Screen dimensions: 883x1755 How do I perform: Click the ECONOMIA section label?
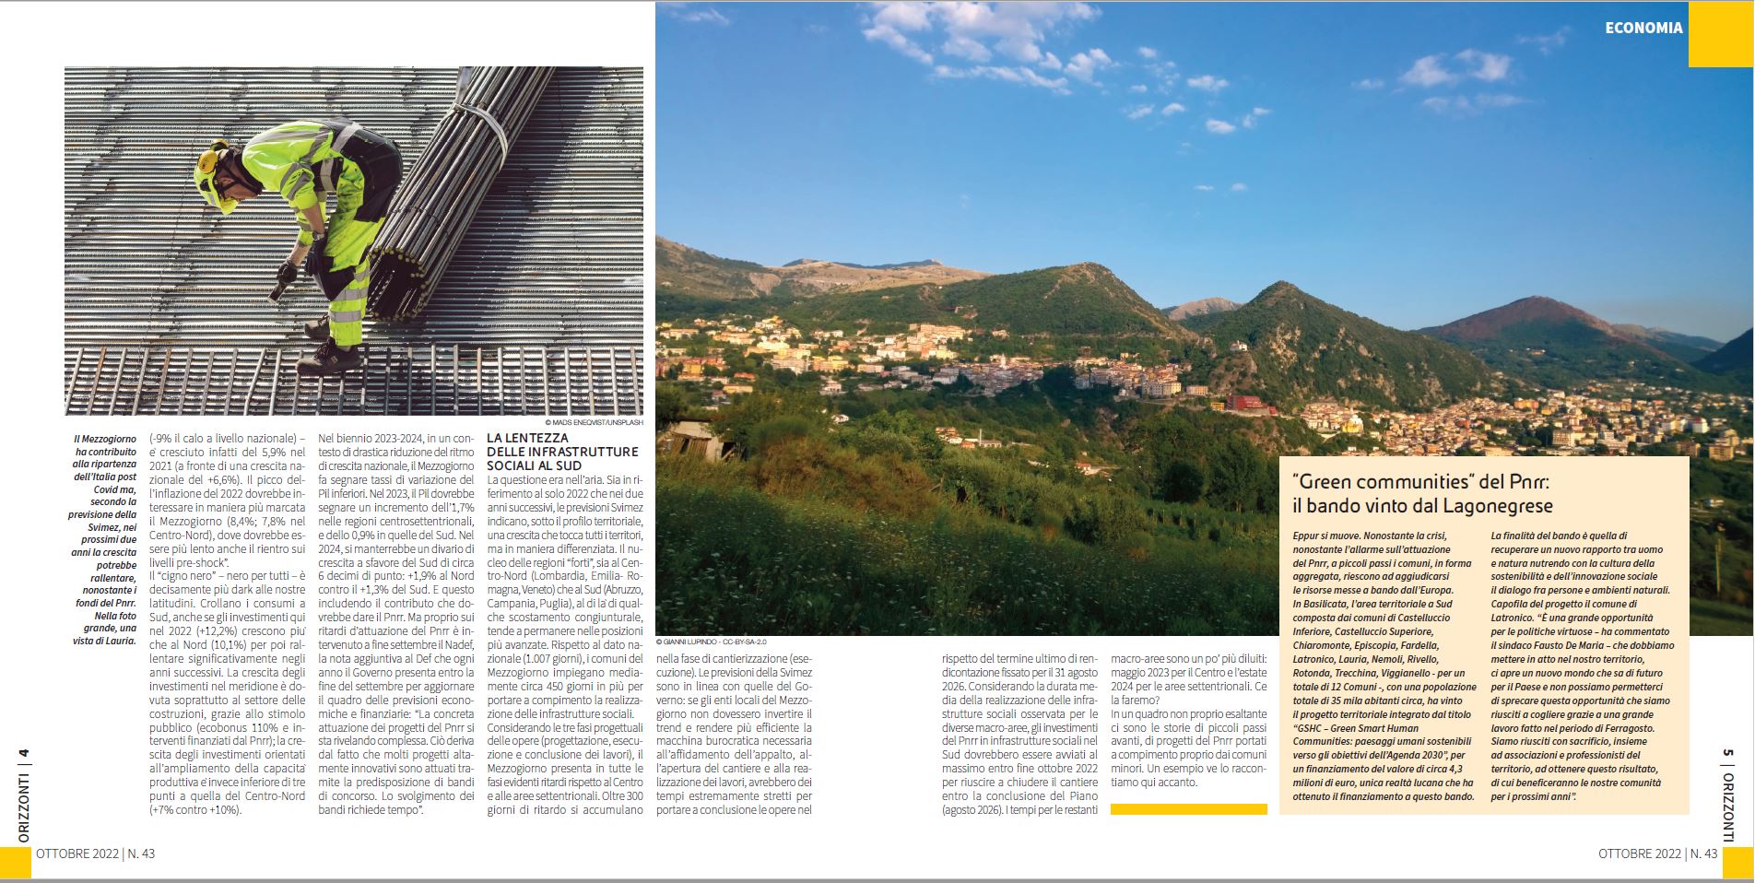pyautogui.click(x=1643, y=28)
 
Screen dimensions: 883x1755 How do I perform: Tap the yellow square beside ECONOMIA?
pyautogui.click(x=1720, y=33)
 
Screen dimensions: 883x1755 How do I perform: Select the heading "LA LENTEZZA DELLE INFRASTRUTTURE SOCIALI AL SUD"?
pyautogui.click(x=561, y=452)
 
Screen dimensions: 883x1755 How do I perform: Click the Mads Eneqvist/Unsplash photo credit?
pyautogui.click(x=586, y=422)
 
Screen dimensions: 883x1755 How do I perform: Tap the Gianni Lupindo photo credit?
pyautogui.click(x=710, y=642)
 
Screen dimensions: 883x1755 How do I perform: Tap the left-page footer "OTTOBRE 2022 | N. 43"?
pyautogui.click(x=95, y=854)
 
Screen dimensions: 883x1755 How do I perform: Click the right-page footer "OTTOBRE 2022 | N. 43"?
pyautogui.click(x=1657, y=854)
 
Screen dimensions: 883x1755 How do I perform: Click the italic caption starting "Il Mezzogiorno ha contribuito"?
pyautogui.click(x=104, y=539)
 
